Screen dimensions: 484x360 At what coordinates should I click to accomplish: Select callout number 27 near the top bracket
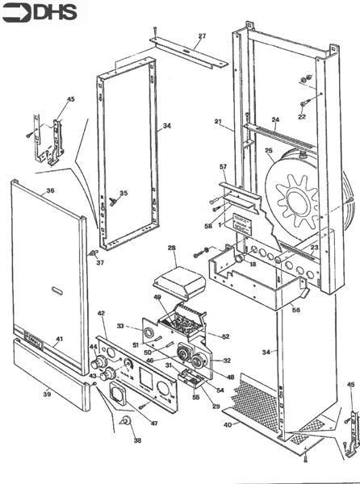pos(202,36)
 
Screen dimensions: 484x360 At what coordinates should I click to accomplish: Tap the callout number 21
pos(218,121)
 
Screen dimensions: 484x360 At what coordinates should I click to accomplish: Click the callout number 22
pos(302,117)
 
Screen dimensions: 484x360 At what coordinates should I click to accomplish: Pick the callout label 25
pos(269,150)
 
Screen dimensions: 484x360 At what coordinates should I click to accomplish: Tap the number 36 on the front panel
pos(50,191)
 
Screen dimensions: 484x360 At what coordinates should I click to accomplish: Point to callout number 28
pos(171,248)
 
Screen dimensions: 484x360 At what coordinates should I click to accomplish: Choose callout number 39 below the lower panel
pos(47,394)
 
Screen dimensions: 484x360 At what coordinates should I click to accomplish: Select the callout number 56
pos(295,310)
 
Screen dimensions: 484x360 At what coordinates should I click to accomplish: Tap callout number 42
pos(102,312)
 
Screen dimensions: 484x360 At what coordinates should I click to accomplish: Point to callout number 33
pos(121,325)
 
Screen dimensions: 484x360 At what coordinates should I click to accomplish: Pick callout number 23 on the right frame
pos(314,248)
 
